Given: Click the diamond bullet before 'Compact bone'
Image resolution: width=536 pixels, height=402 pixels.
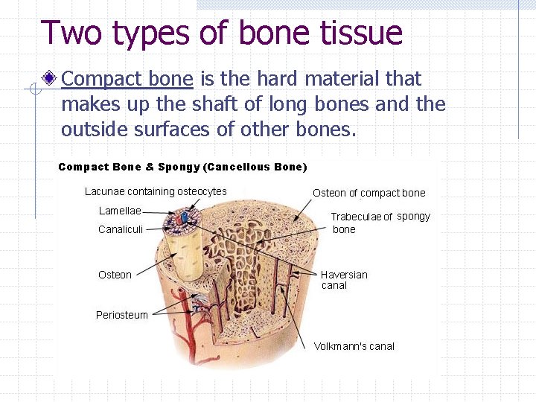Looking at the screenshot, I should tap(51, 79).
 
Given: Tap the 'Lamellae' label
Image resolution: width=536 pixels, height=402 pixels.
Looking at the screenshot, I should tap(120, 211).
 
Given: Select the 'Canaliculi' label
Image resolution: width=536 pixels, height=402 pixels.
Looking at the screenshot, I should tap(121, 229).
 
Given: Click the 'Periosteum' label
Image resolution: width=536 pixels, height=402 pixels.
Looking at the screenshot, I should tap(122, 315).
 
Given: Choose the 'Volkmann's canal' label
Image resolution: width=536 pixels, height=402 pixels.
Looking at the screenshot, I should tap(354, 346).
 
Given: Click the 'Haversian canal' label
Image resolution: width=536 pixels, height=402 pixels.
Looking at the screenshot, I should tap(344, 280).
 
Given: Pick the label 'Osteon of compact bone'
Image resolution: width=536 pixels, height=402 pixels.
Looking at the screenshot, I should tap(368, 193).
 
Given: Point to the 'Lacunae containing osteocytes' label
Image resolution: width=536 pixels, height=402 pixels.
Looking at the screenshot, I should tap(156, 191).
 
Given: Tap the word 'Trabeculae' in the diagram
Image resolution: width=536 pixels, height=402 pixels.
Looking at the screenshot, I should tap(356, 217).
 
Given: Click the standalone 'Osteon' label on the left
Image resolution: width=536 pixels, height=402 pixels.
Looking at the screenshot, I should tap(115, 275).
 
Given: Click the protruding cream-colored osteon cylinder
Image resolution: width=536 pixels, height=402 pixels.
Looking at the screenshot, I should tap(182, 253).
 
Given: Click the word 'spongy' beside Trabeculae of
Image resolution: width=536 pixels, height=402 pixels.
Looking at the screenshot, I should tap(413, 217).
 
